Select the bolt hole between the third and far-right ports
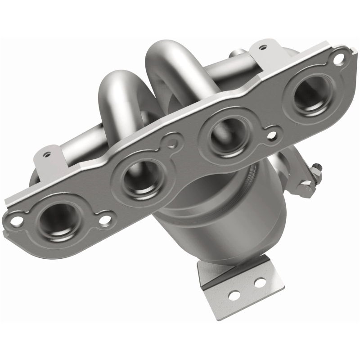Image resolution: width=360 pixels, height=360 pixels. pyautogui.click(x=271, y=134)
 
